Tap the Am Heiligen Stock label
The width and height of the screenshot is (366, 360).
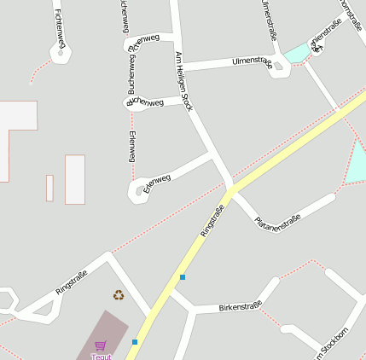click(184, 81)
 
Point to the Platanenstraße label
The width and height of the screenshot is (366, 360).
click(277, 221)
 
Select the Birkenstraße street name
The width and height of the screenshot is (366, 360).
click(239, 306)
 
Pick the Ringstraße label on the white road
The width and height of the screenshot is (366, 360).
click(72, 282)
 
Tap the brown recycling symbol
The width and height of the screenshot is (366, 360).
click(118, 295)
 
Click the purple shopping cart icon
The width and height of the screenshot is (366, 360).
click(101, 345)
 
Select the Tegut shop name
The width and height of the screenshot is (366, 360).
click(101, 357)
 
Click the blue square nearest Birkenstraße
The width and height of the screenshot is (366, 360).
click(182, 276)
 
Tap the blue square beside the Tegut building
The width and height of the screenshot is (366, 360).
click(135, 342)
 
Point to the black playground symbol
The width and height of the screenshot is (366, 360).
click(318, 47)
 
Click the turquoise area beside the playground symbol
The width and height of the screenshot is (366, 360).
click(296, 54)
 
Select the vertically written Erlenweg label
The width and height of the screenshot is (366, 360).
click(131, 148)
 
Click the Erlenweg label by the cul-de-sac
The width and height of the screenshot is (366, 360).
click(157, 183)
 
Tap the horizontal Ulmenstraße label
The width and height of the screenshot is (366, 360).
click(252, 62)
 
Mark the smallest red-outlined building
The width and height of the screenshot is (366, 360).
click(49, 188)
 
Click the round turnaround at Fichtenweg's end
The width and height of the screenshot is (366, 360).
click(61, 54)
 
